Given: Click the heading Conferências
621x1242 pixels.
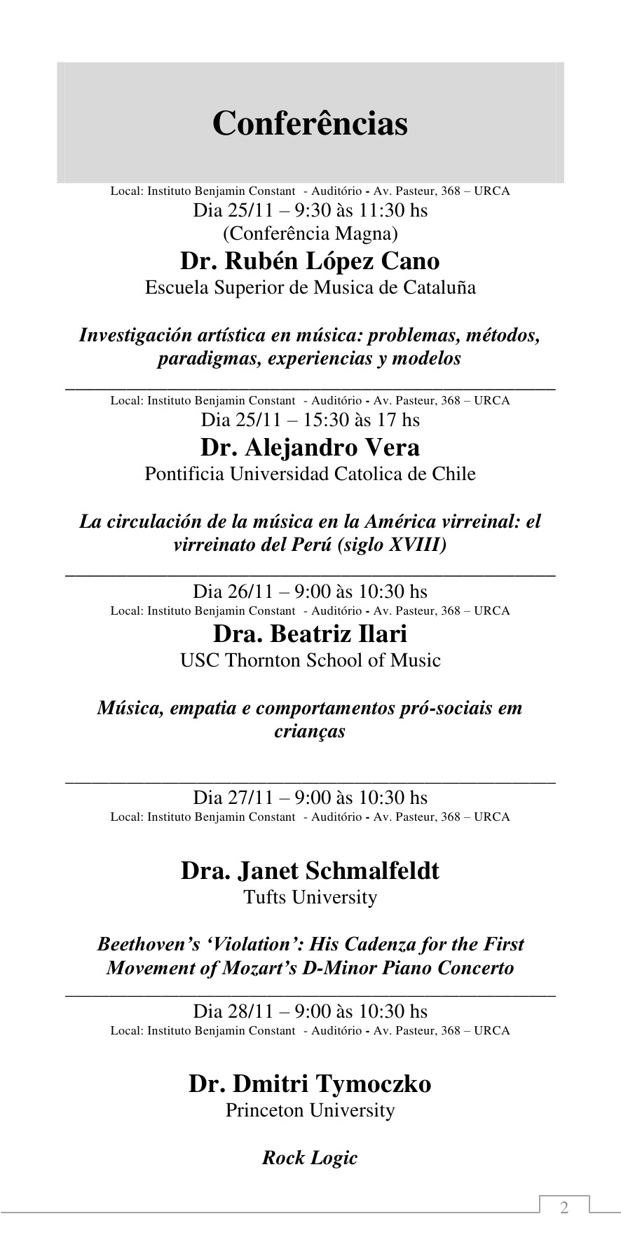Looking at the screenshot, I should pyautogui.click(x=310, y=123).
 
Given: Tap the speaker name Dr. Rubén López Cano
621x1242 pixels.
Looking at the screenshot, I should pyautogui.click(x=310, y=261).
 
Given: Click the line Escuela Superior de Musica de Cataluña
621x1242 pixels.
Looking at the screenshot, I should pyautogui.click(x=310, y=287).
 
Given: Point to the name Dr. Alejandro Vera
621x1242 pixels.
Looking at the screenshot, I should pyautogui.click(x=310, y=447).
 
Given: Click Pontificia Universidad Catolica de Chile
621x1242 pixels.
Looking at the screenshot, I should pyautogui.click(x=310, y=474).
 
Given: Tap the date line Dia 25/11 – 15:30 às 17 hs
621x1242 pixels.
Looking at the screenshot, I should pyautogui.click(x=310, y=420).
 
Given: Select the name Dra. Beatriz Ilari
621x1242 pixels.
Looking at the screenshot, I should pyautogui.click(x=310, y=634).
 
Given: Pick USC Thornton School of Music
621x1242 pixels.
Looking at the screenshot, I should pyautogui.click(x=310, y=660).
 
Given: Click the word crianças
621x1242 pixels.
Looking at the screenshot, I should pyautogui.click(x=310, y=732).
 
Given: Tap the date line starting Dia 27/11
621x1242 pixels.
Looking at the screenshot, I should pyautogui.click(x=310, y=798).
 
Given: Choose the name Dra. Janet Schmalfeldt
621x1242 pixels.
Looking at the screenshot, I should pyautogui.click(x=310, y=871).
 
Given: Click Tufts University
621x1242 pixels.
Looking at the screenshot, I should pyautogui.click(x=310, y=897).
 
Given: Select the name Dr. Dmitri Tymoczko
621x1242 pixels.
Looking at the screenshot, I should pyautogui.click(x=310, y=1084).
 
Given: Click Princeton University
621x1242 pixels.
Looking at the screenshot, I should pyautogui.click(x=310, y=1110).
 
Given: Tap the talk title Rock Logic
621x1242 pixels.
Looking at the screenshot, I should pyautogui.click(x=310, y=1158).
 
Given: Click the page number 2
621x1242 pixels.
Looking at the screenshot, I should pyautogui.click(x=564, y=1208).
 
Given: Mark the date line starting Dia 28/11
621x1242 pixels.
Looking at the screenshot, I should pyautogui.click(x=310, y=1011).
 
